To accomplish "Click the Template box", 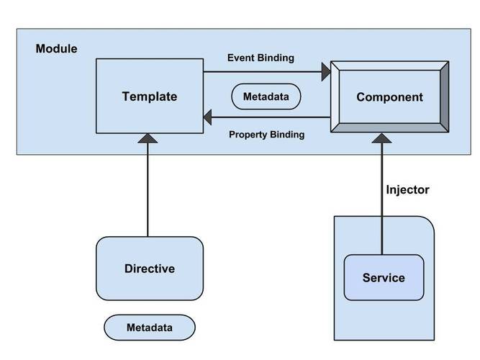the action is [x=150, y=96].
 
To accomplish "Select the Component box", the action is [x=390, y=96].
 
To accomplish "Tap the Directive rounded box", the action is [x=150, y=269].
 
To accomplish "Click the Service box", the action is [x=384, y=278].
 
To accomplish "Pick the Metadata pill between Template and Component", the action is [x=266, y=96].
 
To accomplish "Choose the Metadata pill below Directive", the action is [x=150, y=327].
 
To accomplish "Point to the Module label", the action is [x=56, y=49].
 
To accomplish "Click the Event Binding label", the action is [x=261, y=58].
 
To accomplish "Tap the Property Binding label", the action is [x=267, y=135].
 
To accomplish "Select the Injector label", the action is [x=407, y=189].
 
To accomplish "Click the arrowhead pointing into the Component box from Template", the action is [x=326, y=72].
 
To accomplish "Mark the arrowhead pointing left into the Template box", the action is [x=207, y=117].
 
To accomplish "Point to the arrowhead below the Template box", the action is [x=148, y=138].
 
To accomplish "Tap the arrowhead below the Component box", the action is [x=381, y=138].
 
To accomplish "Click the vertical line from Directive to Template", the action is [x=148, y=190].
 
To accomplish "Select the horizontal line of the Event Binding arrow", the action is [x=263, y=72].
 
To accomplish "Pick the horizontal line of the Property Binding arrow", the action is [x=271, y=117].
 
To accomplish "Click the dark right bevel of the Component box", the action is [x=445, y=96].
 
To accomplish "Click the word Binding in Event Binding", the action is [x=276, y=58].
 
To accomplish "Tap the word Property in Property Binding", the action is [x=248, y=135].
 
